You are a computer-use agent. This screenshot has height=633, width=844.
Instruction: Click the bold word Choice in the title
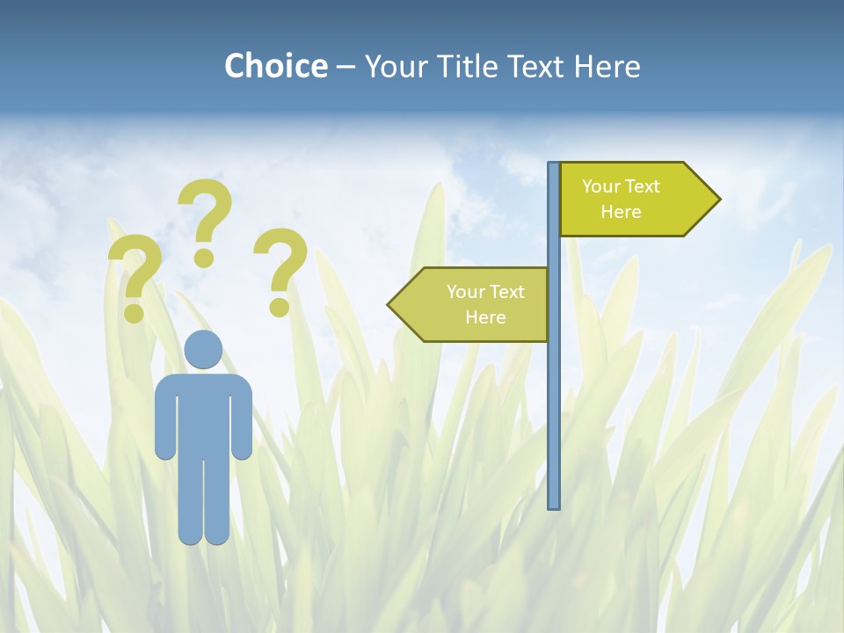[275, 66]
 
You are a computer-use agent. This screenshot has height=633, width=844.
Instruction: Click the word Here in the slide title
[607, 66]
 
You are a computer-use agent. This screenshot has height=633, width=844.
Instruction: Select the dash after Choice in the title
[346, 67]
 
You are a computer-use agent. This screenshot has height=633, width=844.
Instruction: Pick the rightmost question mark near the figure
[280, 271]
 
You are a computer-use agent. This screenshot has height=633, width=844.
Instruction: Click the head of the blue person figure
[203, 350]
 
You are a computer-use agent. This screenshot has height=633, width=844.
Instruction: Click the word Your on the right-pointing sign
[600, 186]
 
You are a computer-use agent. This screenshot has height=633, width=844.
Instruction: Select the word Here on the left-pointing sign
[485, 317]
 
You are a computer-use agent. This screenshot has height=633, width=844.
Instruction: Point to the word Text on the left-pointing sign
[506, 292]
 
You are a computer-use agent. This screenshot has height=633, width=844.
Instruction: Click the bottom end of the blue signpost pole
[554, 505]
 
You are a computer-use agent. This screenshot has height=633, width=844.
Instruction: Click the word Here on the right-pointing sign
[621, 212]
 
